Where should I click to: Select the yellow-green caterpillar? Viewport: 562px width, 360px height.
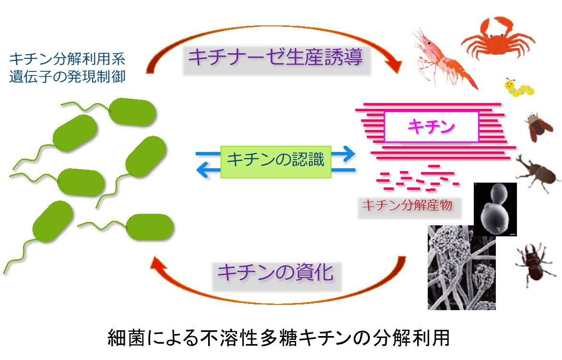click(519, 88)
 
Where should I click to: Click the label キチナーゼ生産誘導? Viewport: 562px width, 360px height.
click(276, 58)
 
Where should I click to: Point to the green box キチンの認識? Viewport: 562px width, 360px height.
click(276, 162)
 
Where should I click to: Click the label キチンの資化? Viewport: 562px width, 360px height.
click(276, 273)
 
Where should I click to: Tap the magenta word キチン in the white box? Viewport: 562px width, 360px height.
click(431, 127)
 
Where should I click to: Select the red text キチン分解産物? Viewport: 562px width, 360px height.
click(407, 205)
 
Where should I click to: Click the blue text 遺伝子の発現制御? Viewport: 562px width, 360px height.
click(67, 77)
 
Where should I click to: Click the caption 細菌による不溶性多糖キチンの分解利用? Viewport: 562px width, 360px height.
click(279, 337)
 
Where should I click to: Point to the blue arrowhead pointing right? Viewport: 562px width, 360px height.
click(348, 154)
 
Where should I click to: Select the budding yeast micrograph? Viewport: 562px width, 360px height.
click(495, 209)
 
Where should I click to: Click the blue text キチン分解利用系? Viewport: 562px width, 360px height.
click(67, 59)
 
